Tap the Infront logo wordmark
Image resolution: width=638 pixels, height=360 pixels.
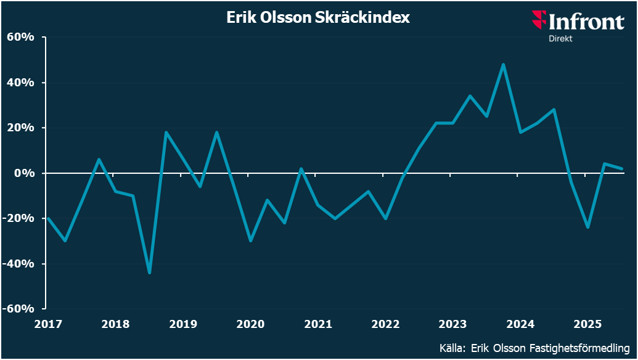coord(586,22)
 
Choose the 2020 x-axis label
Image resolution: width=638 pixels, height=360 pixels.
coord(250,324)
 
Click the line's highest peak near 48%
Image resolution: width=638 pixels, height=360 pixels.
coord(504,64)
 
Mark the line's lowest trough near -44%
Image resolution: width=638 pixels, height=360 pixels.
coord(150,272)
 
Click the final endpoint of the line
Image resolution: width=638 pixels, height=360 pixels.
coord(621,169)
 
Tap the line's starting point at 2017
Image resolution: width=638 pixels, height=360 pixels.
coord(48,218)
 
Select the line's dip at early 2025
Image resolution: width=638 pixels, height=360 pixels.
coord(588,227)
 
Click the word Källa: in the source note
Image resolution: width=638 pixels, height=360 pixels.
coord(453,347)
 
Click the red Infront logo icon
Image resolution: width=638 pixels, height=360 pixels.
coord(539,20)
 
